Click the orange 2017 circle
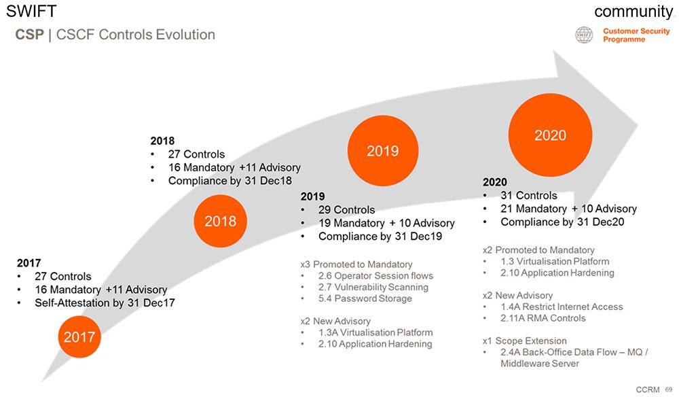coord(79,336)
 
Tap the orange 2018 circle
coord(221,221)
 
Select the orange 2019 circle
coord(383,151)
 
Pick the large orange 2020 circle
coord(551,135)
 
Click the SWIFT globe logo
coord(584,35)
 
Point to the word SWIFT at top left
coord(31,12)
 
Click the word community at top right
coord(634,12)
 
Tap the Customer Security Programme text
coord(636,35)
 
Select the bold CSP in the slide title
coord(29,35)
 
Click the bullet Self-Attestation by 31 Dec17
coord(105,303)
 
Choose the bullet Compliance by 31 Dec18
coord(230,181)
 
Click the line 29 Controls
coord(346,210)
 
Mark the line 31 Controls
coord(529,196)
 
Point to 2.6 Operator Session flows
coord(375,275)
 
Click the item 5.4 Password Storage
coord(365,298)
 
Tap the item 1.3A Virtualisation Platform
coord(375,332)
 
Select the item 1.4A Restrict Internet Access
coord(562,307)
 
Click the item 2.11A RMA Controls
coord(543,318)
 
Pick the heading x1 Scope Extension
coord(525,341)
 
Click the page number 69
coord(669,390)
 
